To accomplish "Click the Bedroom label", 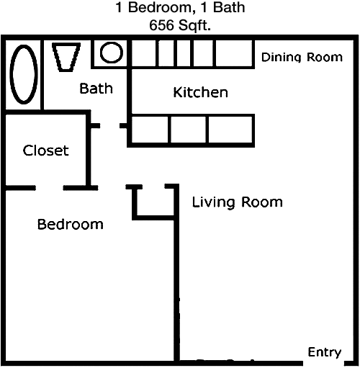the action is pyautogui.click(x=71, y=225).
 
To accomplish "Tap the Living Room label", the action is pyautogui.click(x=238, y=202).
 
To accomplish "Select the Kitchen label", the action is pyautogui.click(x=200, y=92).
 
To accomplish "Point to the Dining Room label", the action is pyautogui.click(x=302, y=58).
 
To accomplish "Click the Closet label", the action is pyautogui.click(x=46, y=151).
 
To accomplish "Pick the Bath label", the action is pyautogui.click(x=96, y=88).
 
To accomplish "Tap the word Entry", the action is pyautogui.click(x=325, y=352).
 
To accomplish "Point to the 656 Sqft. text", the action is pyautogui.click(x=180, y=25).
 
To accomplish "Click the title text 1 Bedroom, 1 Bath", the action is pyautogui.click(x=180, y=7).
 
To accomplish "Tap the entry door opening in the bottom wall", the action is pyautogui.click(x=323, y=363).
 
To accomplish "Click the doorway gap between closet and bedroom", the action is pyautogui.click(x=50, y=188).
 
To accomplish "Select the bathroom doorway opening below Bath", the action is pyautogui.click(x=110, y=125).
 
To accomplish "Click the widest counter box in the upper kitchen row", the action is pyautogui.click(x=234, y=53).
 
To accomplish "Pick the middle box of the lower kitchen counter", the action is pyautogui.click(x=189, y=130).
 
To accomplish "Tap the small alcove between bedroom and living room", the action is pyautogui.click(x=156, y=202).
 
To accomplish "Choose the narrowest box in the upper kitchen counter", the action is pyautogui.click(x=184, y=53).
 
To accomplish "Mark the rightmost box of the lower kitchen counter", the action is pyautogui.click(x=230, y=130).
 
